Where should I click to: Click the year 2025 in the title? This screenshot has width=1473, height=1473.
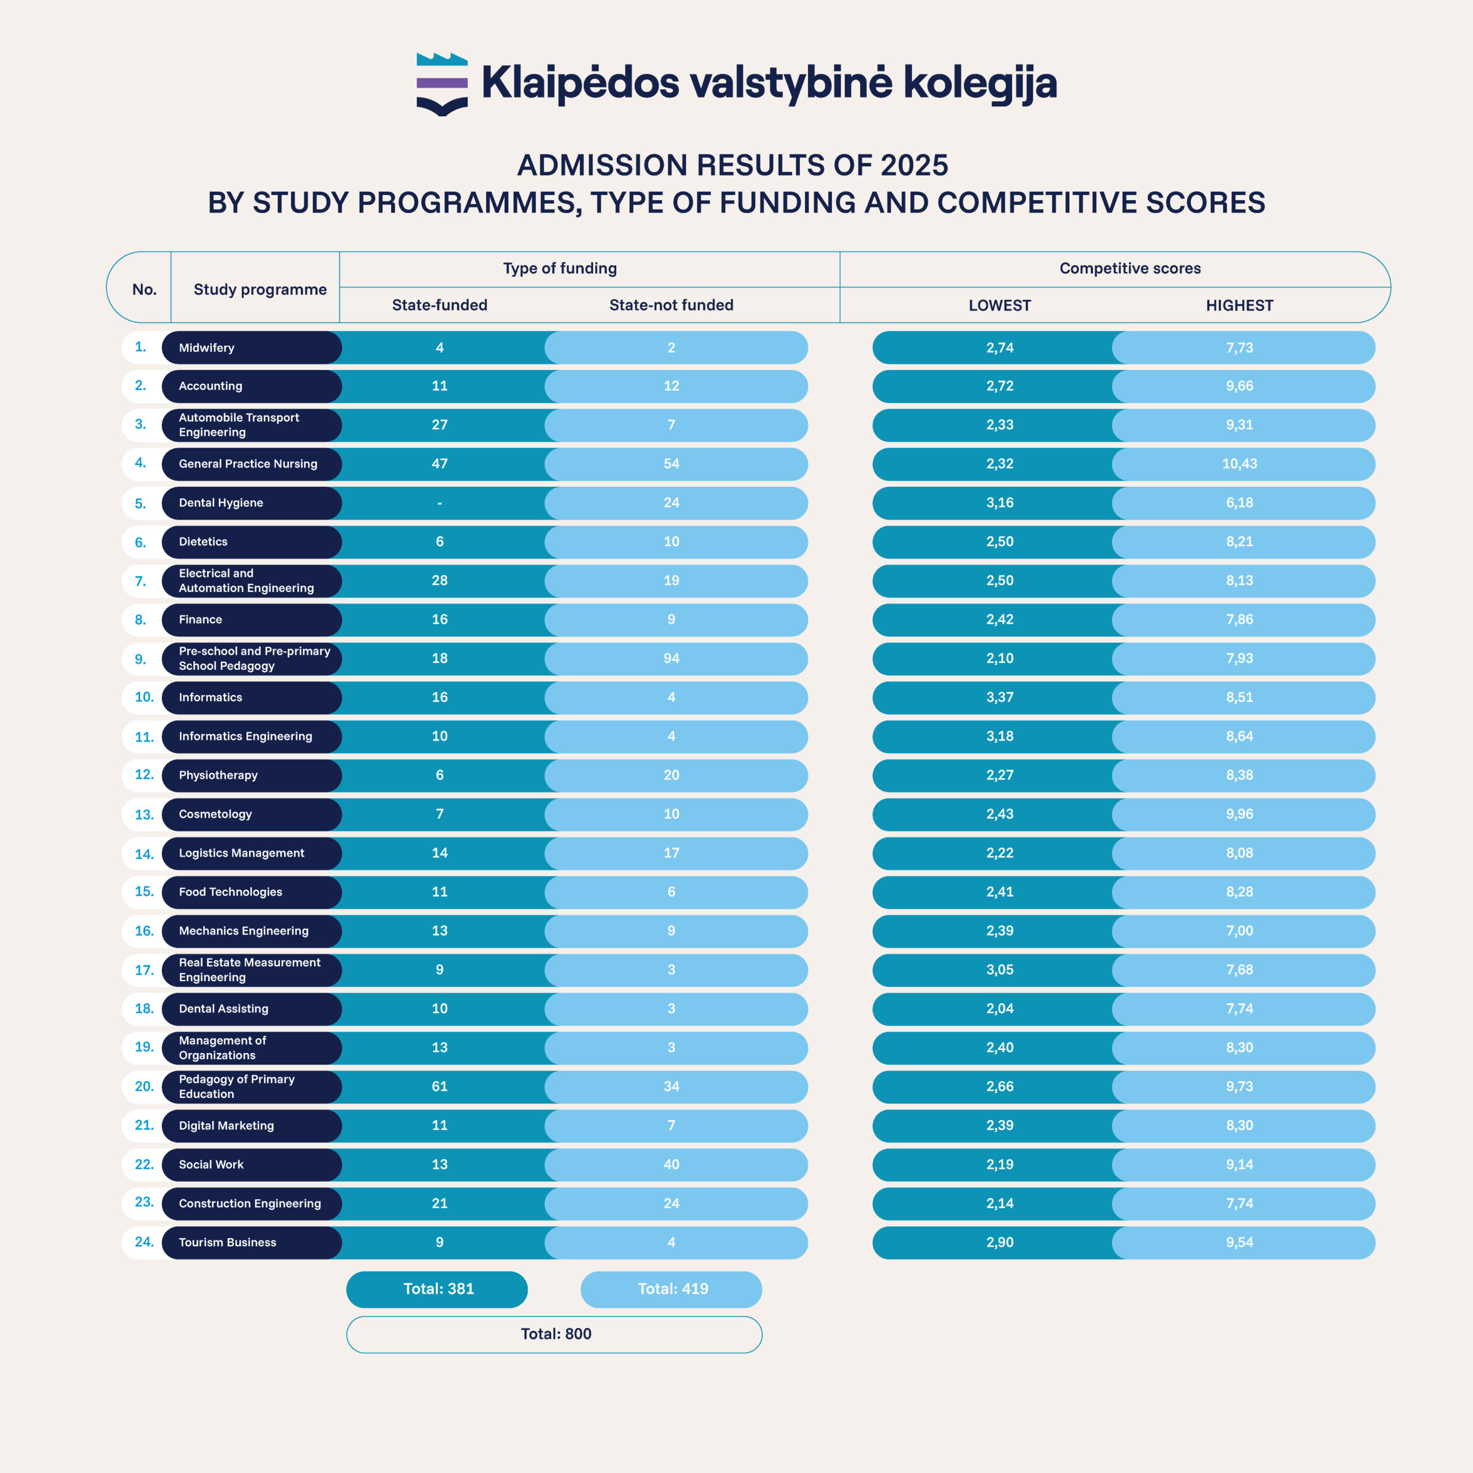pyautogui.click(x=914, y=166)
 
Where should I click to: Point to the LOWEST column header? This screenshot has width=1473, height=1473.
pyautogui.click(x=999, y=306)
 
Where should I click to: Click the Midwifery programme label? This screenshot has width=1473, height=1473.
pyautogui.click(x=207, y=348)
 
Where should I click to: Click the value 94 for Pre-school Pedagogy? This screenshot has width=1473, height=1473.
pyautogui.click(x=671, y=658)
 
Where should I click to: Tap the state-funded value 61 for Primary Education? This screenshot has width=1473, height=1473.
pyautogui.click(x=440, y=1086)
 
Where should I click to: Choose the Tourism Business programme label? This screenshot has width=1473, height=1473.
pyautogui.click(x=227, y=1242)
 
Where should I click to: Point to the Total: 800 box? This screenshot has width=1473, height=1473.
pyautogui.click(x=555, y=1334)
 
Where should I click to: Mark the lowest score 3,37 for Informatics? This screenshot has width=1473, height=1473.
pyautogui.click(x=999, y=697)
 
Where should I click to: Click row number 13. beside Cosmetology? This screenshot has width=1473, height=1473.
pyautogui.click(x=143, y=814)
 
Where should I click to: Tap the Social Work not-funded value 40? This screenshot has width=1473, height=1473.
pyautogui.click(x=671, y=1164)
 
